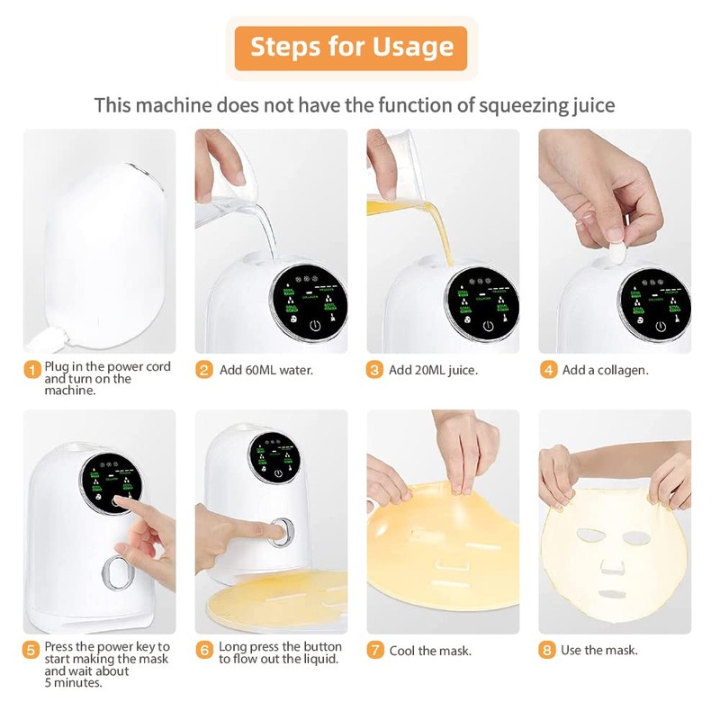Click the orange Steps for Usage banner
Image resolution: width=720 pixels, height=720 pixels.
coord(351,48)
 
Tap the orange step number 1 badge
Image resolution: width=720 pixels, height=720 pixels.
coord(31,369)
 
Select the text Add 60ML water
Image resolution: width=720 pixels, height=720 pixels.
coord(266,370)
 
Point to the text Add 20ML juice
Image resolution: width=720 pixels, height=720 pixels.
coord(434,370)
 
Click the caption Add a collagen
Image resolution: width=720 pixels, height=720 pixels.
coord(605,370)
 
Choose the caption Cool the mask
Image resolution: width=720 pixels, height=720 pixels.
coord(429,651)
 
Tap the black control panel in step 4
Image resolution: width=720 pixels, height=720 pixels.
coord(655,302)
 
